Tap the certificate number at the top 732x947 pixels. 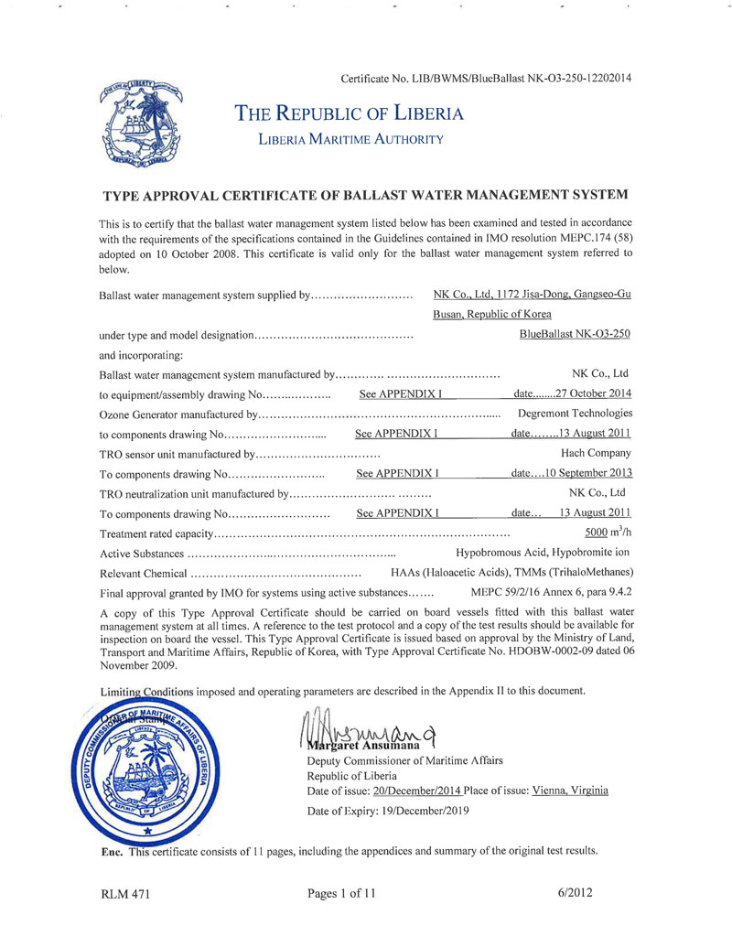485,78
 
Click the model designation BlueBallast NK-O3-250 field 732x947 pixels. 574,334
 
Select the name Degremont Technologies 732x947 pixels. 575,414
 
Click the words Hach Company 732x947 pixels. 596,453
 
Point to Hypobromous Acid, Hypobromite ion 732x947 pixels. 544,553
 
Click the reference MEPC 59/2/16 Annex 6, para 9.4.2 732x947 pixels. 551,592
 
